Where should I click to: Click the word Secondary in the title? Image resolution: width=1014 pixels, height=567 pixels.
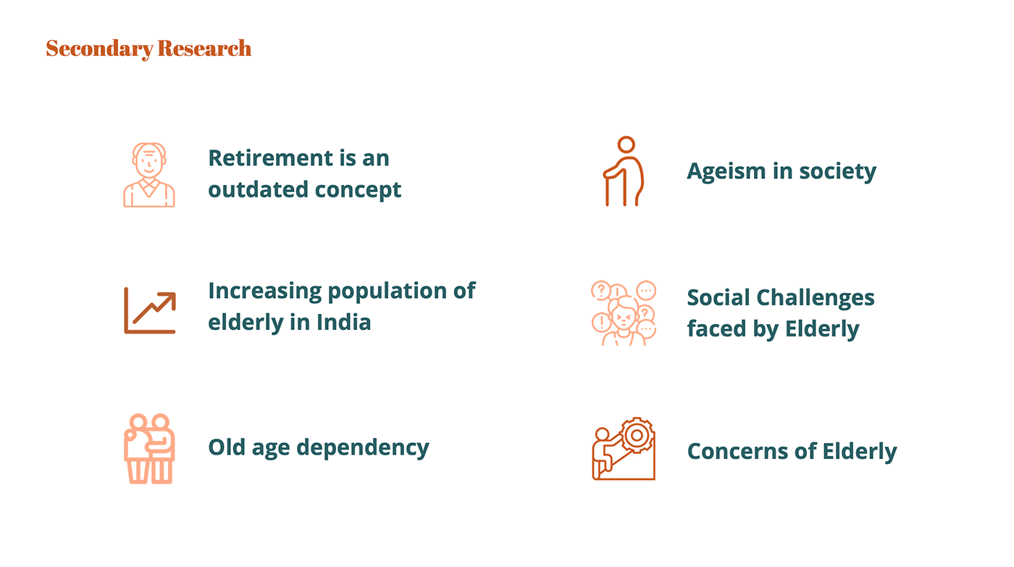click(100, 49)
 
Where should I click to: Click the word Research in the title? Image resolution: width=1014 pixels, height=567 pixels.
click(204, 48)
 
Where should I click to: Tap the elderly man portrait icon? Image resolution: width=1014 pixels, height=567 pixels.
click(149, 175)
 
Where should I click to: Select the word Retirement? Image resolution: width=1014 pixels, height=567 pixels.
click(271, 158)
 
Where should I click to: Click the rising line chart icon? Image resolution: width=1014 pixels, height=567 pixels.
click(150, 310)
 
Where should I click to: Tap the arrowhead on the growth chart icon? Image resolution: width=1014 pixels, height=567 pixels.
click(168, 300)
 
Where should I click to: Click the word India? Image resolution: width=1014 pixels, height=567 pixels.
click(343, 322)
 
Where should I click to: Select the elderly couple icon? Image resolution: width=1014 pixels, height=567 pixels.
click(149, 449)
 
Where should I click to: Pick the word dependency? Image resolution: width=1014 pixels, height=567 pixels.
click(363, 448)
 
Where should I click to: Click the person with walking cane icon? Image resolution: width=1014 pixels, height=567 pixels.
click(624, 171)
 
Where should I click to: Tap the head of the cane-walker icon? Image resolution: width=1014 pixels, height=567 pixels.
click(626, 144)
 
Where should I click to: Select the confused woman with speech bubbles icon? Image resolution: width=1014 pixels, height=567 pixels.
click(624, 313)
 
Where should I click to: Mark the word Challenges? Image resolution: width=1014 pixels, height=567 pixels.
click(816, 299)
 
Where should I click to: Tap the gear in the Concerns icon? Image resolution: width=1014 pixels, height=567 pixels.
click(637, 436)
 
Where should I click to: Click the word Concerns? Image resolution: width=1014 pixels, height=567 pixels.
click(738, 452)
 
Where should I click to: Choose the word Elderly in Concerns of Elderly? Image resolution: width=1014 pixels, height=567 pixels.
click(860, 452)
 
